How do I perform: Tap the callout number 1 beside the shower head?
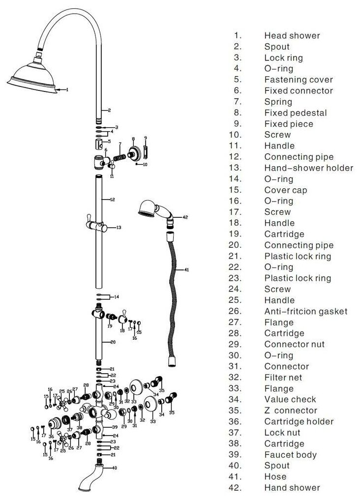tap(67, 90)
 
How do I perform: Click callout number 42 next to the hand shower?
tap(185, 217)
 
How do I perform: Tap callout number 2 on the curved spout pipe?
tap(109, 110)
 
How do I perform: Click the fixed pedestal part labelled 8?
tap(132, 154)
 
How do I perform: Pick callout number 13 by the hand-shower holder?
tap(119, 228)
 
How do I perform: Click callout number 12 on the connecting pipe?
tap(112, 200)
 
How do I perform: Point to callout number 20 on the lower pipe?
tap(113, 342)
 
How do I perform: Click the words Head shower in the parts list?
tap(292, 35)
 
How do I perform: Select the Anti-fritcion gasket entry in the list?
tap(305, 311)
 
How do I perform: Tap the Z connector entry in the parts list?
tap(291, 410)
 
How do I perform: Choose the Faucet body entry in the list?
tap(290, 455)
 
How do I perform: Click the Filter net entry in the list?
tap(283, 378)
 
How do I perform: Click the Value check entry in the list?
tap(290, 399)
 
